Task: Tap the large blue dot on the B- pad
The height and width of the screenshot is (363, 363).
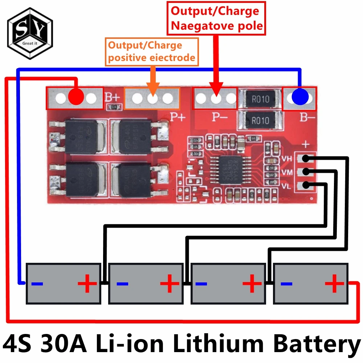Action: [x=300, y=97]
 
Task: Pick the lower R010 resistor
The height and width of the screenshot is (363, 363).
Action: [x=260, y=120]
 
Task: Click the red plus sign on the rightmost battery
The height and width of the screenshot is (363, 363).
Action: [x=334, y=283]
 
